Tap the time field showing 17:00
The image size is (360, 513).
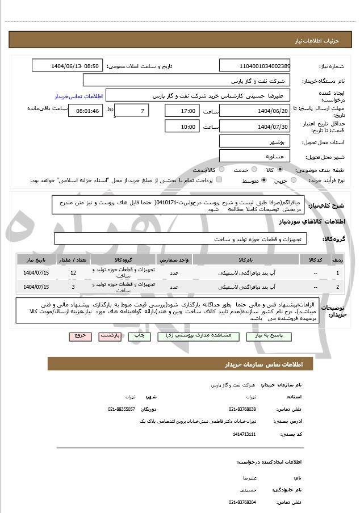coord(181,111)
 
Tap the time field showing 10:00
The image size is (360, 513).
coord(181,127)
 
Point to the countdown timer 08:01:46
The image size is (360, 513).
coord(86,111)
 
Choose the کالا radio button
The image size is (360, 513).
coord(278,170)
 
